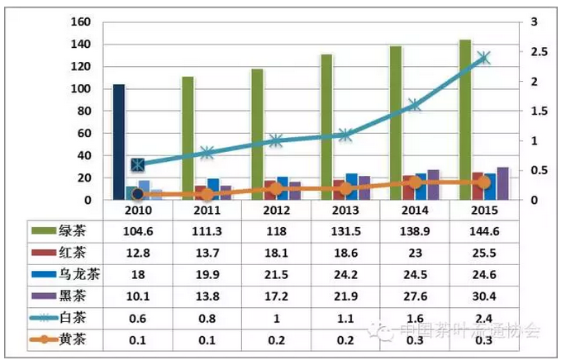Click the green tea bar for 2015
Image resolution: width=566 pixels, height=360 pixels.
tap(465, 116)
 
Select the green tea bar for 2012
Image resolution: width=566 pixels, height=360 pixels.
tap(257, 132)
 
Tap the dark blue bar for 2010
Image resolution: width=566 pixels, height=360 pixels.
tap(119, 140)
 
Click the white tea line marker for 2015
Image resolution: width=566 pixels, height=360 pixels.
tap(483, 58)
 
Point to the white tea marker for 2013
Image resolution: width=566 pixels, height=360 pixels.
tap(345, 135)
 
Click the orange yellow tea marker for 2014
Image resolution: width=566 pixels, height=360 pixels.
tap(415, 182)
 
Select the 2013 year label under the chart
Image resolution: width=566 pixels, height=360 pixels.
tap(345, 211)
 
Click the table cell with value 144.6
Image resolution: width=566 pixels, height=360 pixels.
tap(483, 233)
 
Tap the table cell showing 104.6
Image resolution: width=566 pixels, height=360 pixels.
tap(137, 233)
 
